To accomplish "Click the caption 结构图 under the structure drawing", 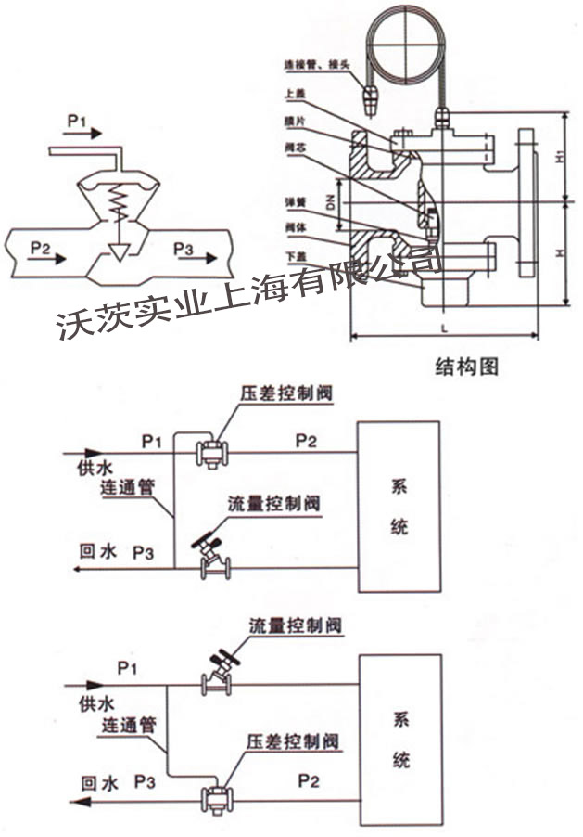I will [467, 367].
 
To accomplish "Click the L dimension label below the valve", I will [444, 327].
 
